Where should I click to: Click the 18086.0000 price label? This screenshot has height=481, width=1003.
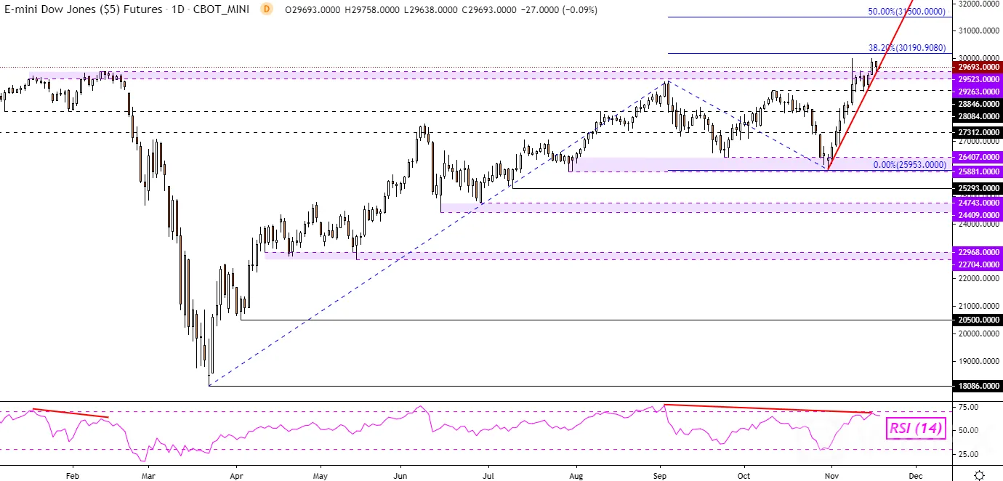(x=978, y=386)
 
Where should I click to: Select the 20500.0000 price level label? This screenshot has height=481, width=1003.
(x=978, y=320)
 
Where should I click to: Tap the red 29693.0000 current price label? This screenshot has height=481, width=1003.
(x=978, y=67)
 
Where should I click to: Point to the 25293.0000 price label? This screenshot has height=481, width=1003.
(x=978, y=188)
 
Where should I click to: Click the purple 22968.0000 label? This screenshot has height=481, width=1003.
(x=978, y=252)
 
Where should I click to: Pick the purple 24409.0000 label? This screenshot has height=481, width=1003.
(x=978, y=215)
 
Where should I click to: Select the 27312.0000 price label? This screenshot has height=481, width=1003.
(x=978, y=132)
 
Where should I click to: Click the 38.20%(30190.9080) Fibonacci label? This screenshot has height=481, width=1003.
(x=907, y=48)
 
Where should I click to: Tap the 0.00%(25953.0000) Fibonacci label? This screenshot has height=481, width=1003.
(x=909, y=165)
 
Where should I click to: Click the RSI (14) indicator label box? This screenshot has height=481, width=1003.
(x=916, y=428)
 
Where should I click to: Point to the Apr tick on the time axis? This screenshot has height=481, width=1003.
(x=236, y=476)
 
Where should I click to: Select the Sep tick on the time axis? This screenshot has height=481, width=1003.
(x=659, y=476)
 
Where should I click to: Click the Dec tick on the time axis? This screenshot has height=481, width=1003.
(x=916, y=476)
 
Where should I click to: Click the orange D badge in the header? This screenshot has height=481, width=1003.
(x=267, y=9)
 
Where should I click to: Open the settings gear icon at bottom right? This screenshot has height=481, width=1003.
(x=979, y=475)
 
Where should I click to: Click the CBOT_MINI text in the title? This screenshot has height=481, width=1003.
(x=221, y=9)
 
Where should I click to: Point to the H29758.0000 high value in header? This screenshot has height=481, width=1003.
(x=372, y=9)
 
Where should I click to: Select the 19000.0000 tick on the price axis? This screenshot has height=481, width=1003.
(x=978, y=361)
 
